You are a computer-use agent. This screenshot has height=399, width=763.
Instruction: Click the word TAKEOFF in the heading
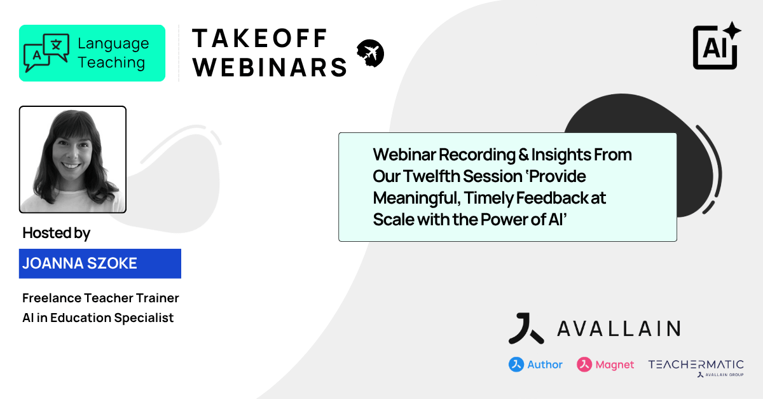tap(259, 38)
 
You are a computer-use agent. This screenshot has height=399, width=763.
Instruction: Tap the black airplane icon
tap(370, 53)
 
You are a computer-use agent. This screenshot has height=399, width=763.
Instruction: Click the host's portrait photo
tap(72, 159)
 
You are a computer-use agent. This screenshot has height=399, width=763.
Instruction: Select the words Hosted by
tap(56, 233)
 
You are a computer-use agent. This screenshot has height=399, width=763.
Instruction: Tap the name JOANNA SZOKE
tap(79, 263)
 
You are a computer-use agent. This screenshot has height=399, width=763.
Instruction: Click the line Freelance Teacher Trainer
tap(100, 298)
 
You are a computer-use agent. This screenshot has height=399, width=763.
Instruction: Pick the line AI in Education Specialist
tap(98, 318)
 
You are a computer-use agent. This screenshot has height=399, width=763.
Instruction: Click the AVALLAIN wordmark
tap(618, 328)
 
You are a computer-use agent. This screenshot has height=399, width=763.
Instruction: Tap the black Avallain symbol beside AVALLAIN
tap(526, 328)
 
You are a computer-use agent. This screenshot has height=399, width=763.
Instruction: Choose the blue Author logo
tap(535, 365)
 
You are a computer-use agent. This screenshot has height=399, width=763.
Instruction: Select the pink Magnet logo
tap(605, 365)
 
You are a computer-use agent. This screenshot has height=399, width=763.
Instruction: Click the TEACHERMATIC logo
tap(696, 365)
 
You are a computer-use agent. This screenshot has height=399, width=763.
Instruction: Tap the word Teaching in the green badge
tap(111, 63)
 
